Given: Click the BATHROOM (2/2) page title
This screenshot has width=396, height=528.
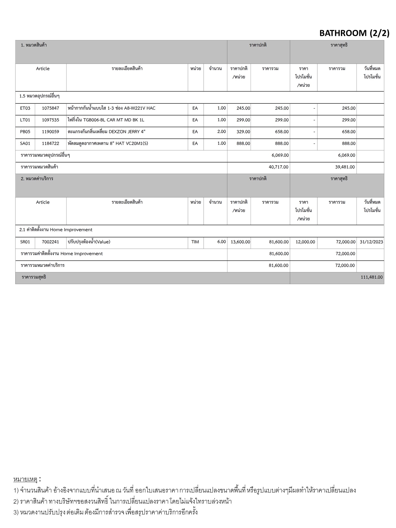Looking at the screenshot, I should pyautogui.click(x=354, y=33).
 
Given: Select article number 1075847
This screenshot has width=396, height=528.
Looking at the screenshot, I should pyautogui.click(x=51, y=108).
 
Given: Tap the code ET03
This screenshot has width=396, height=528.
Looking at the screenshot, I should pyautogui.click(x=25, y=108).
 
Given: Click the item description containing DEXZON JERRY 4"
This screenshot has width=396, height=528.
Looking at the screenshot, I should pyautogui.click(x=106, y=132).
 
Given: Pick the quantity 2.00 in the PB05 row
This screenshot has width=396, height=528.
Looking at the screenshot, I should pyautogui.click(x=221, y=131).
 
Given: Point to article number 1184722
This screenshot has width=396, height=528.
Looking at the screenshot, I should pyautogui.click(x=51, y=144).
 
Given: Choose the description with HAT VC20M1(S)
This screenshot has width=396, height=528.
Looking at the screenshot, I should pyautogui.click(x=108, y=144).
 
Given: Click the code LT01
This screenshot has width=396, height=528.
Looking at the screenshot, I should pyautogui.click(x=25, y=120).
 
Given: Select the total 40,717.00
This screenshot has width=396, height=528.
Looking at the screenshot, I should pyautogui.click(x=278, y=167).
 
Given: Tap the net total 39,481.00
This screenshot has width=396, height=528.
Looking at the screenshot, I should pyautogui.click(x=345, y=167).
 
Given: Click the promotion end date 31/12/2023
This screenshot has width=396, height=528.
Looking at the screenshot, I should pyautogui.click(x=371, y=242).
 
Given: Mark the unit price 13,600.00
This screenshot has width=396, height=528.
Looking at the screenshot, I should pyautogui.click(x=240, y=242).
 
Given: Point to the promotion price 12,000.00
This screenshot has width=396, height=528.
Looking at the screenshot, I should pyautogui.click(x=305, y=242).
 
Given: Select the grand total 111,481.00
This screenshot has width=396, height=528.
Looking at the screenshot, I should pyautogui.click(x=372, y=277).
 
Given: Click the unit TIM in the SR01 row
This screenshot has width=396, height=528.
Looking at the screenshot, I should pyautogui.click(x=195, y=242).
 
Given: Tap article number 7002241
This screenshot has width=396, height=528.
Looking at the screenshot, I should pyautogui.click(x=51, y=242).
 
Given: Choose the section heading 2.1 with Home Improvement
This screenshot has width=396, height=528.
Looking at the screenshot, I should pyautogui.click(x=56, y=230).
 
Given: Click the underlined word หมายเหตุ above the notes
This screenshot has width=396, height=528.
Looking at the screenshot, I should pyautogui.click(x=26, y=479).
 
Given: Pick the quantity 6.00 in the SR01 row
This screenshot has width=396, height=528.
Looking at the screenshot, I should pyautogui.click(x=221, y=242).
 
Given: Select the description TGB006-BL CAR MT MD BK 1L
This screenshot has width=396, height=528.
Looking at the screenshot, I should pyautogui.click(x=106, y=120).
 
